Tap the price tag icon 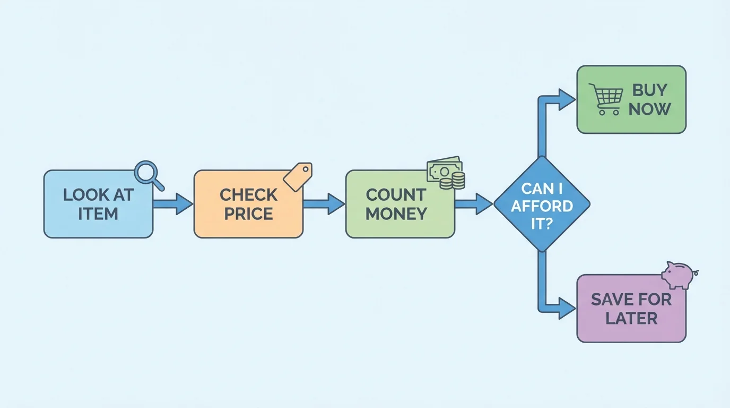click(x=298, y=176)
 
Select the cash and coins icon click(x=446, y=173)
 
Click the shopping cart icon click(x=606, y=99)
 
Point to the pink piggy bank click(x=679, y=275)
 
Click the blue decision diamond click(x=541, y=204)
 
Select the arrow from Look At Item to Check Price click(x=173, y=204)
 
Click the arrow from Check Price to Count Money click(x=324, y=204)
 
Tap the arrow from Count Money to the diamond click(x=474, y=204)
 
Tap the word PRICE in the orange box click(x=248, y=214)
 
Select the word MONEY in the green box click(x=396, y=214)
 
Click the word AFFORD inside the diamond click(x=542, y=206)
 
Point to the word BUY click(x=649, y=90)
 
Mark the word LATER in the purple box click(x=631, y=318)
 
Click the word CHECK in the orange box click(x=248, y=195)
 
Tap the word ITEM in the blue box click(x=98, y=214)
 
